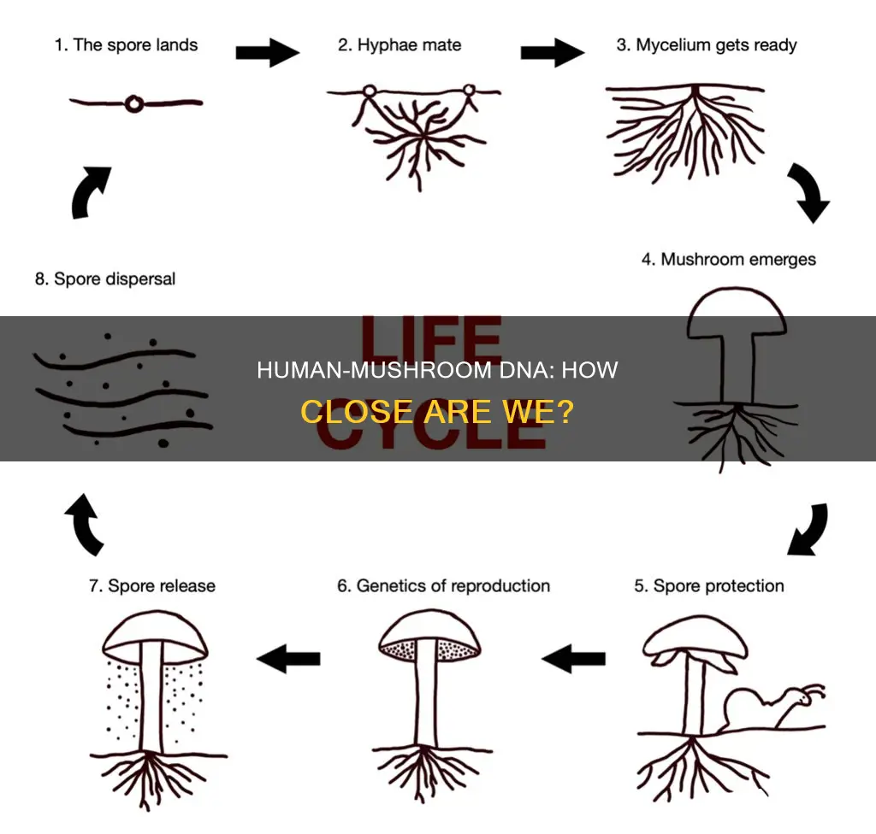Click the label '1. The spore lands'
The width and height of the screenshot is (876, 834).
[x=127, y=45]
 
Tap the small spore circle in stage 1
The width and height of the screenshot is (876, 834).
[x=134, y=103]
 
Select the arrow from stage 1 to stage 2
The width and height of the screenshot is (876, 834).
[x=267, y=52]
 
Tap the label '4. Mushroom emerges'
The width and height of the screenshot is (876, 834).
[x=729, y=259]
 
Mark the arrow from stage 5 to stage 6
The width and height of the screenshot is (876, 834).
[x=574, y=658]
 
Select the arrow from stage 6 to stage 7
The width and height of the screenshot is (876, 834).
[x=288, y=658]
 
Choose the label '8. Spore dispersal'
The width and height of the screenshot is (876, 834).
[x=105, y=279]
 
